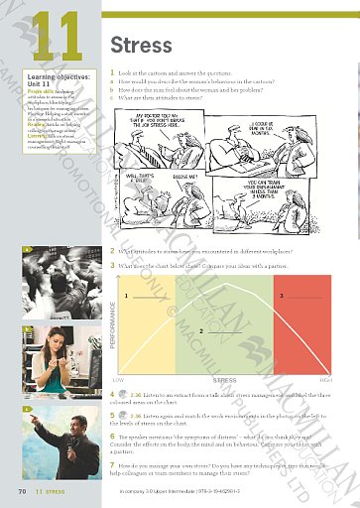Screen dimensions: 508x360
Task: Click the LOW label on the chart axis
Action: click(x=119, y=379)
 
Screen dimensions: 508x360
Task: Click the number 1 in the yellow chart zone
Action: click(x=127, y=297)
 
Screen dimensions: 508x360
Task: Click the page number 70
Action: click(x=21, y=490)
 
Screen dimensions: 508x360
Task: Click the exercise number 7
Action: click(x=112, y=463)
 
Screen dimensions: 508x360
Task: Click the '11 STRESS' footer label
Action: click(x=51, y=490)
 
